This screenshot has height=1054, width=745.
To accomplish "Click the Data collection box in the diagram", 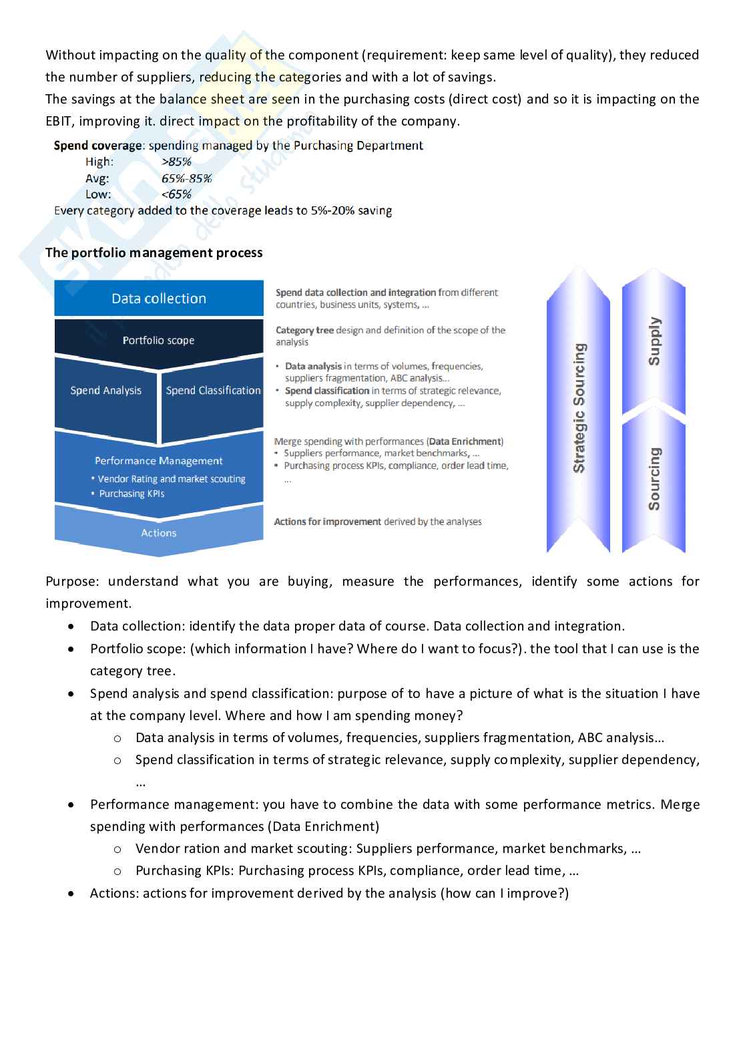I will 159,299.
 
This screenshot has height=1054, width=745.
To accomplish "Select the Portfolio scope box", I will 159,341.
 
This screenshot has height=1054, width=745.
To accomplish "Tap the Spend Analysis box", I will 105,391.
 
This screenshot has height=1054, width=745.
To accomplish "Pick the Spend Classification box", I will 213,391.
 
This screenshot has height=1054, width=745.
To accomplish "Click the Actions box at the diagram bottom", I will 159,533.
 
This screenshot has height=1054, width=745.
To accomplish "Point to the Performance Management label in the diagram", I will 159,461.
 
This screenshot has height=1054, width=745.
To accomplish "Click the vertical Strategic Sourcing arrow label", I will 579,408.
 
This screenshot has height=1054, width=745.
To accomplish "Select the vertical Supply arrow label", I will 654,341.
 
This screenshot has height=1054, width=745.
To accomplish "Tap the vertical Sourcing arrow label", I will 654,479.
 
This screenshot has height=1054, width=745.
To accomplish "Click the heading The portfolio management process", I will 154,253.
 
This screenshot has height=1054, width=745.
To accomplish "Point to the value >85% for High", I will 176,162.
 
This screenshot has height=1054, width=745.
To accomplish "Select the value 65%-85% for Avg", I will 187,178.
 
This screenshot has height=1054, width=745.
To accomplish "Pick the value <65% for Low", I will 176,194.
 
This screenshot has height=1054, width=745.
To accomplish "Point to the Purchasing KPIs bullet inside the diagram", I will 132,494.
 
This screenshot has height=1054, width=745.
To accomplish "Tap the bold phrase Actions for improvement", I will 327,522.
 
